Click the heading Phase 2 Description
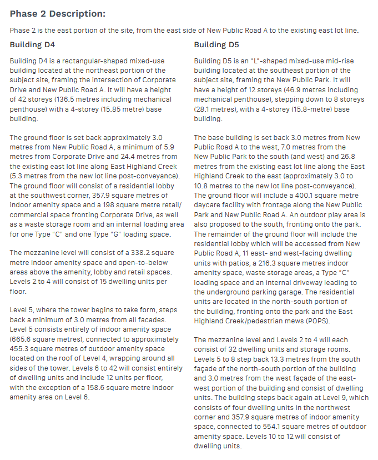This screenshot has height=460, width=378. tap(58, 13)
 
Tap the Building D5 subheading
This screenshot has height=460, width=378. tap(216, 44)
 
